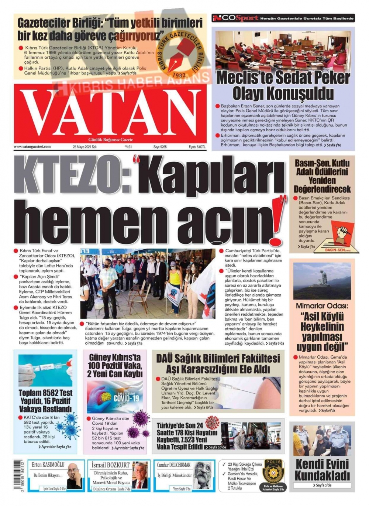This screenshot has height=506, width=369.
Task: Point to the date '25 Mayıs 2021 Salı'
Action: point(85,147)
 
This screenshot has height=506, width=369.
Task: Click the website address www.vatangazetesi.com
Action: point(32,147)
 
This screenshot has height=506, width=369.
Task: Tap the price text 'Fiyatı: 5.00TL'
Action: point(197,147)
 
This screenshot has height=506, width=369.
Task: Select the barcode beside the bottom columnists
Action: point(18,475)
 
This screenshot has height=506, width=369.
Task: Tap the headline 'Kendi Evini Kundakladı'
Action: point(322,469)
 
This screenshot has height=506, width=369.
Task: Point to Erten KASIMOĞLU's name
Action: point(48,465)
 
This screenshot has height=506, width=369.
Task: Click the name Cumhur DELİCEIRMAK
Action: point(174,465)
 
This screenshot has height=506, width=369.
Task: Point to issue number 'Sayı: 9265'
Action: point(160,147)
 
